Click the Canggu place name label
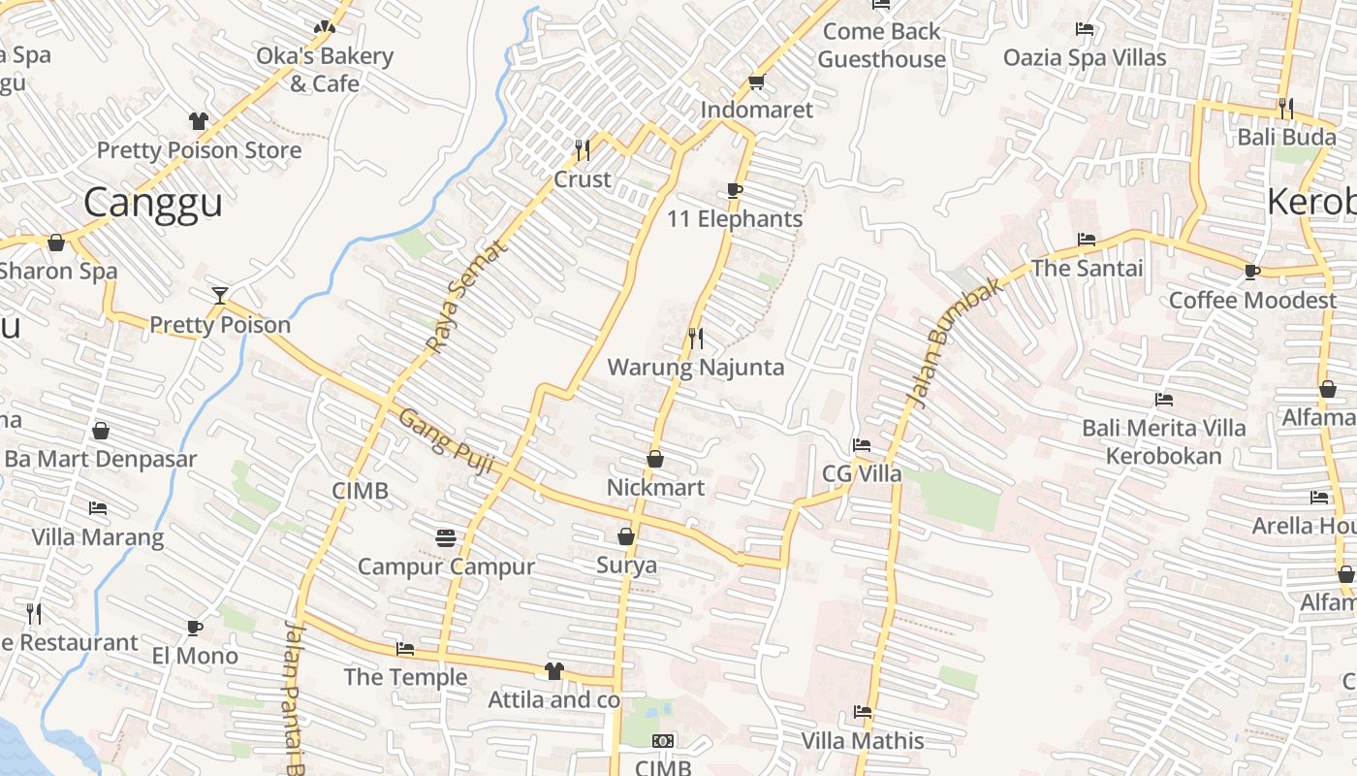point(153,203)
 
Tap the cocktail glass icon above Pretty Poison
point(220,295)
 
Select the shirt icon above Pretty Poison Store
point(199,121)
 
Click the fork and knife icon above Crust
point(583,149)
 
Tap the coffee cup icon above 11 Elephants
point(735,190)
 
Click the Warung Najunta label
point(695,368)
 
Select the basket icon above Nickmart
point(655,458)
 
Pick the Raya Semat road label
point(466,296)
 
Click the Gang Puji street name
point(447,441)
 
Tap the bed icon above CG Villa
point(861,445)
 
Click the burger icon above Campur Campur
point(446,537)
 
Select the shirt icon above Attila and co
point(553,670)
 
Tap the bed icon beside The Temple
point(405,648)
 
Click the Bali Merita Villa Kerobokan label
point(1164,441)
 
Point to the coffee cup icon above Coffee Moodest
point(1252,271)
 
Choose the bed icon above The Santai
point(1087,239)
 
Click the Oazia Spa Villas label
point(1085,58)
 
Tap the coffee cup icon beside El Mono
point(195,627)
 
